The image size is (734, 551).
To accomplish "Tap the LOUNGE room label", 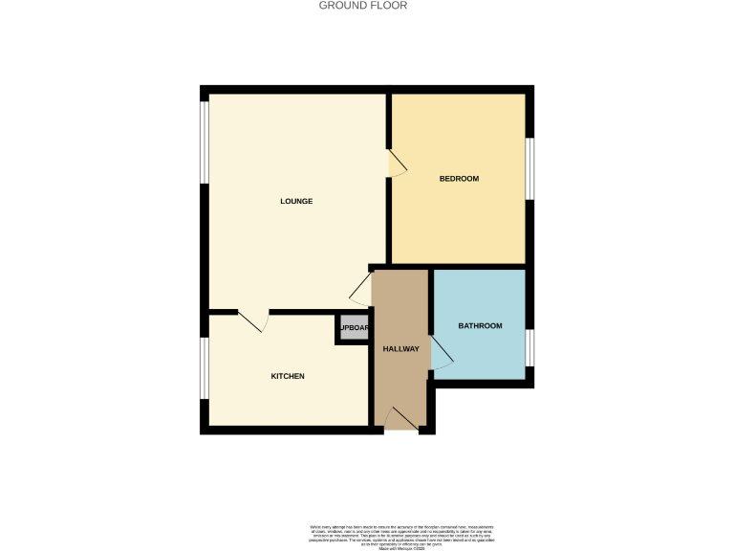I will coord(296,201).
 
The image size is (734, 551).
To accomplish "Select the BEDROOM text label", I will coord(459,179).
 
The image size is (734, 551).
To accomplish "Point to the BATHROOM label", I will coord(480,326).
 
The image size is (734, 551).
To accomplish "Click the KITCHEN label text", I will coord(288,376).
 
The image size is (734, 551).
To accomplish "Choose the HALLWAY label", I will coord(401,348).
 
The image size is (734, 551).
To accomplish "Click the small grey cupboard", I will coord(352,328).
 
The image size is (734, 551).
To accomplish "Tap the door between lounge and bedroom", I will coord(396,164).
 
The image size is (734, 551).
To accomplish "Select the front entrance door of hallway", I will coord(401,420).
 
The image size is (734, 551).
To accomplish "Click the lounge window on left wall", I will coord(204,141).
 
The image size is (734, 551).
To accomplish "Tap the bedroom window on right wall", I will coord(529,169).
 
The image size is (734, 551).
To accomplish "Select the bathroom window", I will coord(529,347).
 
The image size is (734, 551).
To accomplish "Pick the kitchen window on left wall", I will coord(204,367).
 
